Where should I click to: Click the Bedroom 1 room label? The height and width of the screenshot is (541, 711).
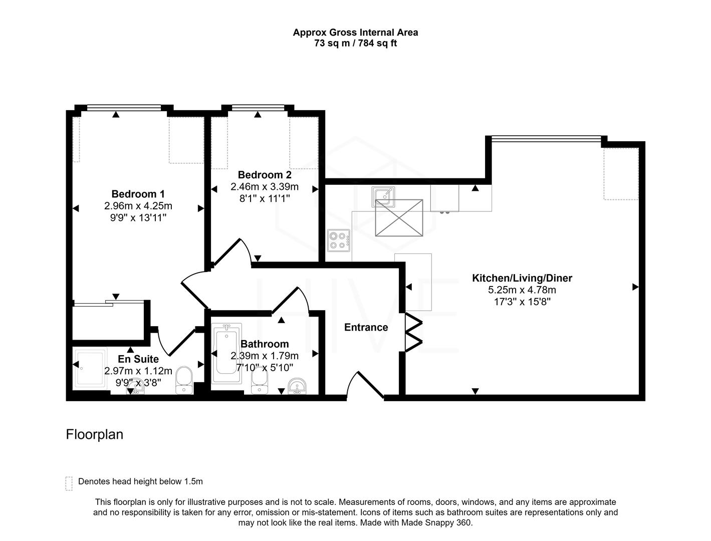point(138,194)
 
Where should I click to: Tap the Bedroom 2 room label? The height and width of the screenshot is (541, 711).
point(264,175)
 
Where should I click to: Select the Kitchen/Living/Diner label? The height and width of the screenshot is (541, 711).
point(522,278)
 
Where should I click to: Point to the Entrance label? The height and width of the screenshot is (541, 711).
point(366,327)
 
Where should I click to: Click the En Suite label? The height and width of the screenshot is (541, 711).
point(138,359)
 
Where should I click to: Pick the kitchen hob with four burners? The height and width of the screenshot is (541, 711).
point(339,240)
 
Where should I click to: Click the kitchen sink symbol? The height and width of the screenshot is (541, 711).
point(383,196)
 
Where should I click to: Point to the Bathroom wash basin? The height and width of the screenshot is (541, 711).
point(299,386)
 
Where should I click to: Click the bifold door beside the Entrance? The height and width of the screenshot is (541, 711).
point(413,332)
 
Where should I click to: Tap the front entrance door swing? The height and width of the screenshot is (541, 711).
point(365,385)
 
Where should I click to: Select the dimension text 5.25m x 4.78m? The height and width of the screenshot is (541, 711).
point(522,290)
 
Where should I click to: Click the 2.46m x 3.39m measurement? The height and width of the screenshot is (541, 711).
point(264,187)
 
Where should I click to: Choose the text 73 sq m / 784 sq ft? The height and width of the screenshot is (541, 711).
point(355,43)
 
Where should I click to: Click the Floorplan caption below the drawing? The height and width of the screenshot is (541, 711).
point(94,434)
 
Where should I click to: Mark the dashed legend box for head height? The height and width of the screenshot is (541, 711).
point(69,483)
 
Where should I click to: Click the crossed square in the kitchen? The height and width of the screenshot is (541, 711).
point(399,217)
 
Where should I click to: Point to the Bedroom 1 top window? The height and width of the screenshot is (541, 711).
point(124,107)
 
